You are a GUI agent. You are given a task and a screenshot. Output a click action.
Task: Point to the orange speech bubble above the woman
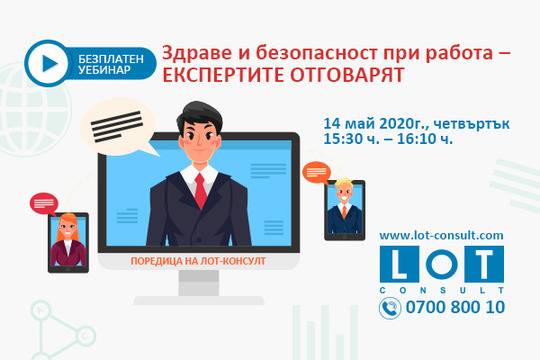pyautogui.click(x=45, y=203)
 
